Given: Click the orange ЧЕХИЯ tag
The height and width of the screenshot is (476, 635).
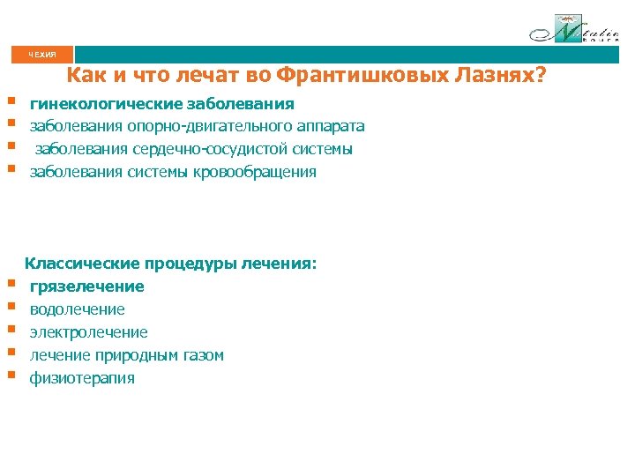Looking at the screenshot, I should (x=42, y=55).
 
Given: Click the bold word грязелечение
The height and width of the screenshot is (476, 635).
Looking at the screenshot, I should (x=87, y=286).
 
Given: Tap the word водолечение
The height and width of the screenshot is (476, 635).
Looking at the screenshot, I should (x=78, y=309).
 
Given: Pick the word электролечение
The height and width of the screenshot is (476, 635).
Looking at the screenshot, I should (x=89, y=332).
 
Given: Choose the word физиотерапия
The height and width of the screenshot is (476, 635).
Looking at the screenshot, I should (x=82, y=378).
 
